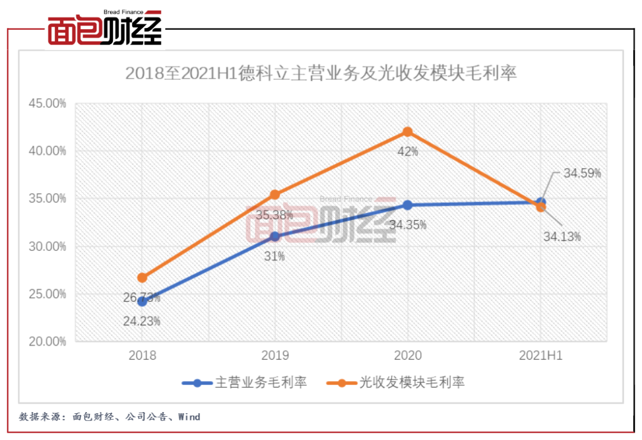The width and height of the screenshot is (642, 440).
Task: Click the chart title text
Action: coord(321,74)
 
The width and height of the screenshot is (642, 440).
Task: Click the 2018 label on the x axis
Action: coord(142,356)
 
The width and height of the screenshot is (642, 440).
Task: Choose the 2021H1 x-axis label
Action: coord(540,356)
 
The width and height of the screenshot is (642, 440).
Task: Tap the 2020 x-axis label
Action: coord(408,356)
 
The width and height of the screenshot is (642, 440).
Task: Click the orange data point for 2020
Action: coord(408,131)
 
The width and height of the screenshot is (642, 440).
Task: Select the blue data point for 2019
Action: coord(275,237)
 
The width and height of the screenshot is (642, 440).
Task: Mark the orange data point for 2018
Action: coord(142,278)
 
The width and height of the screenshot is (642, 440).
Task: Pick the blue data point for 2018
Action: coord(142,301)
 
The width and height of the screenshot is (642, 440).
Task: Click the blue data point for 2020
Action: coord(408,205)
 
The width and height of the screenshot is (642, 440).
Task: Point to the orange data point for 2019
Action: coord(275,194)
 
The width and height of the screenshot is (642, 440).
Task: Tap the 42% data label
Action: coord(408,152)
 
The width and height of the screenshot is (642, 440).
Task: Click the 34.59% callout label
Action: coord(583,174)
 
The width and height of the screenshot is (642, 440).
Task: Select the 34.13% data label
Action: coord(562,237)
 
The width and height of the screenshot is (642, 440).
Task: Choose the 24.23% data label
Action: coord(142,322)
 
